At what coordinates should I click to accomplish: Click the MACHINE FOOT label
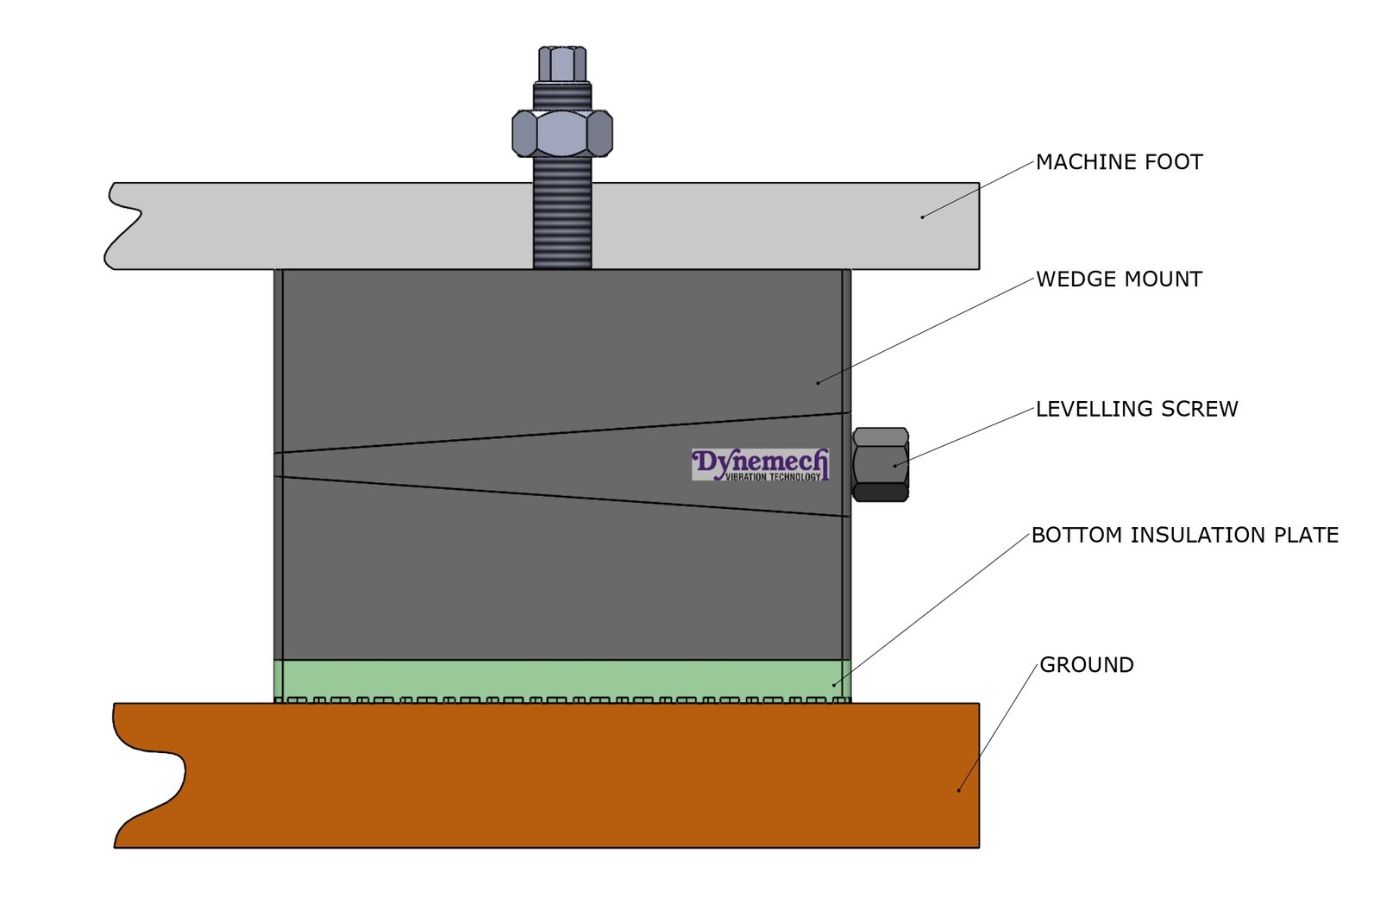[1119, 162]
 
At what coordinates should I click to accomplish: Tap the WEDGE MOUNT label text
[1119, 279]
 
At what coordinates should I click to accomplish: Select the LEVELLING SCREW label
[1136, 409]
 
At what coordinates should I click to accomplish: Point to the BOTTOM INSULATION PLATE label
[1184, 536]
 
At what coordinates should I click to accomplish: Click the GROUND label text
[1086, 665]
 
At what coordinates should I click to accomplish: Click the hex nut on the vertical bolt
[562, 133]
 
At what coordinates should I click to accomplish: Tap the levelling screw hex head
[880, 464]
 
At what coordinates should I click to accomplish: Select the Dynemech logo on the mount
[760, 464]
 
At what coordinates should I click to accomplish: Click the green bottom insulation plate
[561, 679]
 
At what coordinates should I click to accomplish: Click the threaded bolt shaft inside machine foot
[562, 226]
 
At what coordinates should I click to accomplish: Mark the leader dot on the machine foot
[922, 217]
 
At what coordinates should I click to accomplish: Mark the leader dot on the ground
[958, 789]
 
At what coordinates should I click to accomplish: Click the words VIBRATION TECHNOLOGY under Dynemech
[773, 477]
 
